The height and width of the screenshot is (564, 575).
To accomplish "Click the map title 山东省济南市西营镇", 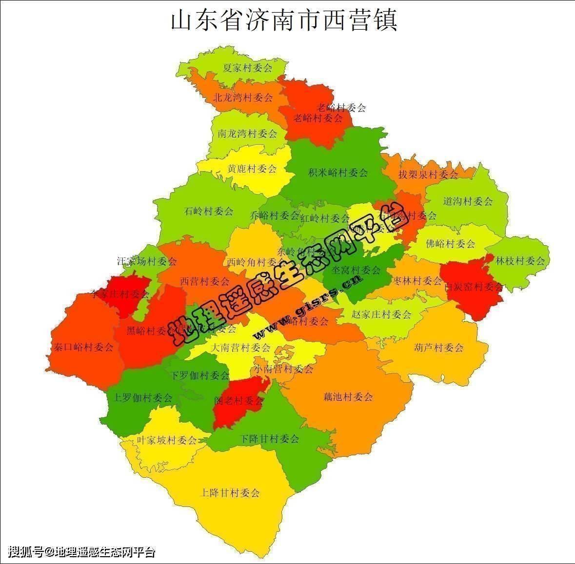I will click(284, 20).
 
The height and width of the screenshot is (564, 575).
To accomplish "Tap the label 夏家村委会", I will click(247, 68).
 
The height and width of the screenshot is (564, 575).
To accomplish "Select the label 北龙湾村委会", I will click(243, 97).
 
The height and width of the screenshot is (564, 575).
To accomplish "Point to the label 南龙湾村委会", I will click(247, 133).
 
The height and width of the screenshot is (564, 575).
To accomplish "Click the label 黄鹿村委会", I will click(252, 169).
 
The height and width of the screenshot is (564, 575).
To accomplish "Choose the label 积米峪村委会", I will click(338, 173).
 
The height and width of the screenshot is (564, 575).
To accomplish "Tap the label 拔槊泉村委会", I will click(428, 174).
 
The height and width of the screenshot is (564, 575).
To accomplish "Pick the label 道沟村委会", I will click(468, 201).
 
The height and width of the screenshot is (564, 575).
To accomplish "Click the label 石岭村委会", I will click(209, 211).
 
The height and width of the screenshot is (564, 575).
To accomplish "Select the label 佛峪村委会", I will click(450, 243).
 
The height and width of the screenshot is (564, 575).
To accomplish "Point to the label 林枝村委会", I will click(520, 261).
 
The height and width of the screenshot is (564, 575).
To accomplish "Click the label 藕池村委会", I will click(348, 397).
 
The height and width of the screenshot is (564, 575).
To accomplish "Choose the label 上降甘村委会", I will click(230, 492).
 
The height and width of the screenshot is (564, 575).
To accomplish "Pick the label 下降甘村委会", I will click(269, 439).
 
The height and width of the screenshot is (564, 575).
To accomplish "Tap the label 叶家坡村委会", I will click(166, 440).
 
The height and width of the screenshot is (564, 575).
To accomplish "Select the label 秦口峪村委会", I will click(83, 347).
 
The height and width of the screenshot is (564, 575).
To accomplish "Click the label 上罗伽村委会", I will click(142, 398).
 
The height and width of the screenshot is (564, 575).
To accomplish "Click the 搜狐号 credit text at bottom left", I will click(82, 552).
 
